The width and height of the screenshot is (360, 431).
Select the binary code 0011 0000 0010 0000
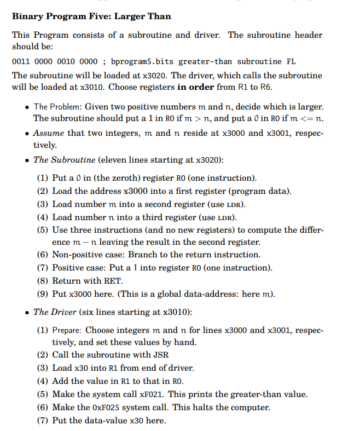pyautogui.click(x=48, y=61)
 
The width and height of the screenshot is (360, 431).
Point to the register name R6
pyautogui.click(x=265, y=87)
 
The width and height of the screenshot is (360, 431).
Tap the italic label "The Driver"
pyautogui.click(x=55, y=312)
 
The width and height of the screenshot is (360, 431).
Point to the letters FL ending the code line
pyautogui.click(x=291, y=61)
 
